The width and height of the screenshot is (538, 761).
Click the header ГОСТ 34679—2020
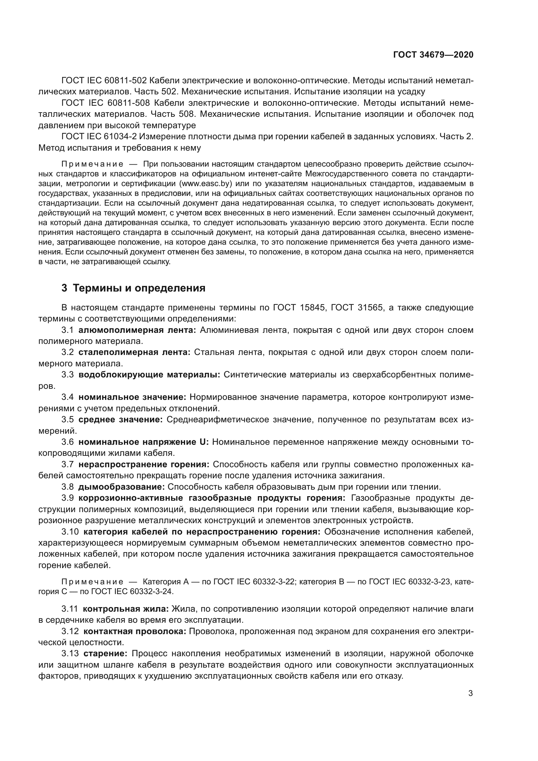[433, 55]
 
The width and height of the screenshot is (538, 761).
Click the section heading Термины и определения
[139, 288]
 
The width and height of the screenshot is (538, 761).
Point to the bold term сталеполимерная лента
[134, 352]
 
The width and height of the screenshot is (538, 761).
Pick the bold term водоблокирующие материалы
[149, 375]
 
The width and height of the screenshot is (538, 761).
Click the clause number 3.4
[68, 397]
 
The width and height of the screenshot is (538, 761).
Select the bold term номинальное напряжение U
[143, 442]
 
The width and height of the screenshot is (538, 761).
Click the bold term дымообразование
[122, 487]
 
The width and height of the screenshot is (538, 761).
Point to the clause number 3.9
[68, 498]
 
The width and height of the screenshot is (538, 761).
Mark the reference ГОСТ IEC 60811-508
[106, 103]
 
